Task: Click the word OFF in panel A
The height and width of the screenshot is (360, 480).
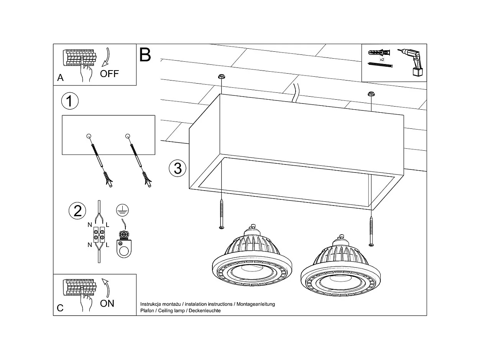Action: coord(109,74)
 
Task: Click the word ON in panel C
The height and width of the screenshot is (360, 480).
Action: coord(107,303)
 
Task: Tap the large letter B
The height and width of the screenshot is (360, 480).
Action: coord(145,55)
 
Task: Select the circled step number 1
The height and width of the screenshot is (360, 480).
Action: coord(70,101)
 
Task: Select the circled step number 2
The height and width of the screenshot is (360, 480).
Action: coord(77,211)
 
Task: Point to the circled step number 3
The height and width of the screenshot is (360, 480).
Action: coord(178,168)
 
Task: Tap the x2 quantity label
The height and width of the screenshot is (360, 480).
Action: coord(382,60)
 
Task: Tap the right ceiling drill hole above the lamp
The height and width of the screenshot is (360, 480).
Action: coord(371,94)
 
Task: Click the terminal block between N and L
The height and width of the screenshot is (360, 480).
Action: coord(99,234)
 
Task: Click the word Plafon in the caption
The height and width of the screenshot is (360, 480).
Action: coord(148,311)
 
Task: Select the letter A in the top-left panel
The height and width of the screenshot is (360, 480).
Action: coord(60,78)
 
